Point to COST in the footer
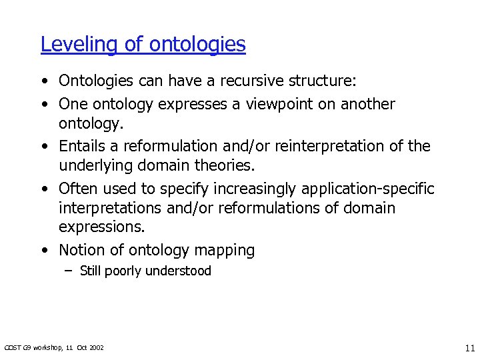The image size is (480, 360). [x=11, y=347]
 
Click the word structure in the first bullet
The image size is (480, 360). [x=324, y=81]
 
